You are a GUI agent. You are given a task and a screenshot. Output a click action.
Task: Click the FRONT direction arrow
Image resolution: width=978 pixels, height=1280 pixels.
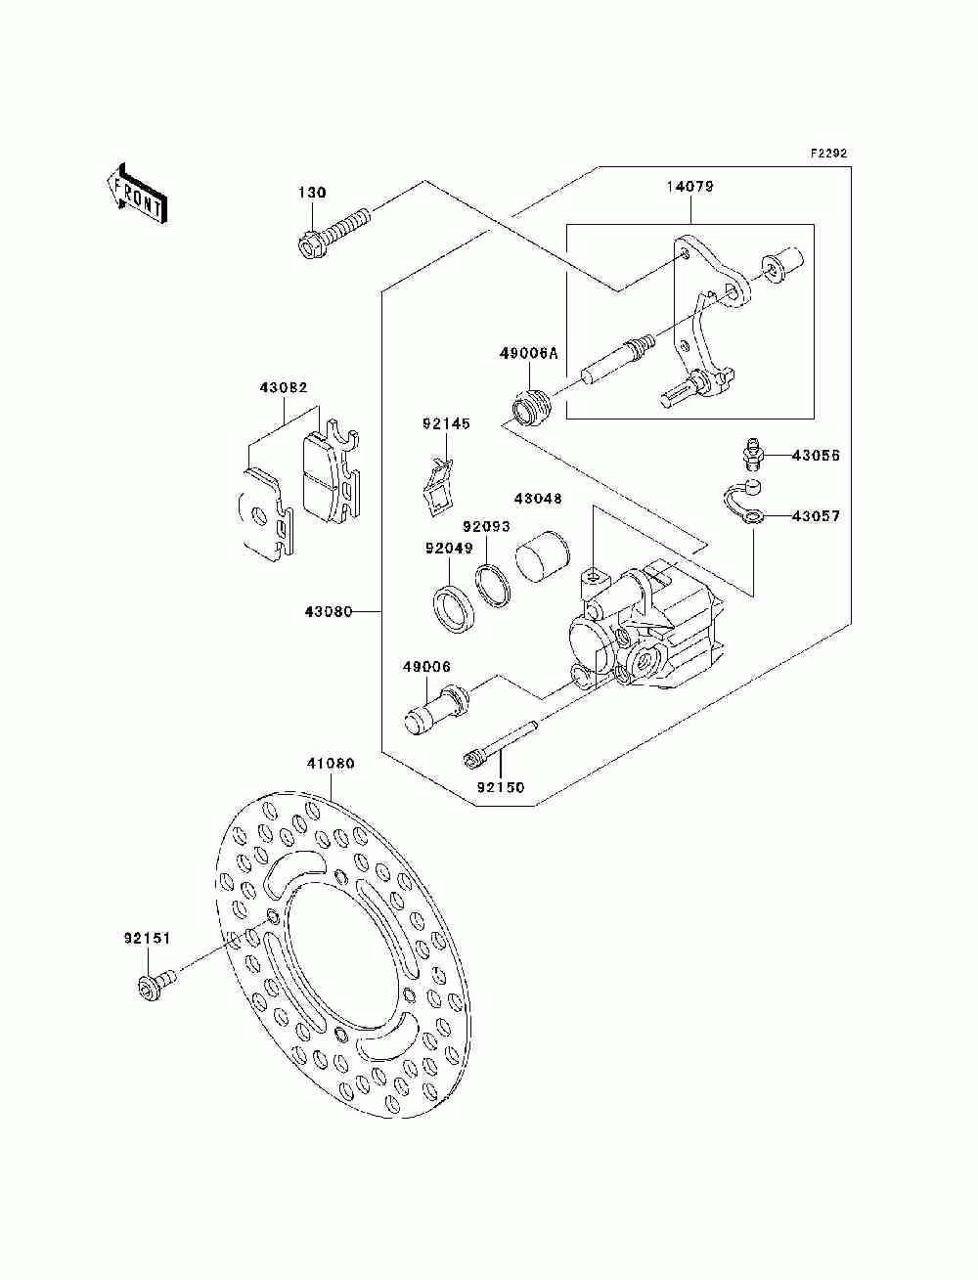[x=137, y=193]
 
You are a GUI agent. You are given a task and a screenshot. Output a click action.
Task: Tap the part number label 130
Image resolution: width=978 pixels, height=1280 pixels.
[x=313, y=193]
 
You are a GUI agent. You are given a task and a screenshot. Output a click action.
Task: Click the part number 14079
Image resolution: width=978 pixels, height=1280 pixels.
[x=690, y=187]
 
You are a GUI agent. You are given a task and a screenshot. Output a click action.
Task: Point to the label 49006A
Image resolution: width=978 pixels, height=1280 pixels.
[x=528, y=353]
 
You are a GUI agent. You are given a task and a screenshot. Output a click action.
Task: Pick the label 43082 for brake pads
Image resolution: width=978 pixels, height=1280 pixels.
[x=284, y=388]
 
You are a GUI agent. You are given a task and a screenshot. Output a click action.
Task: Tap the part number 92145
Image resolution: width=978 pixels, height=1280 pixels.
[x=446, y=424]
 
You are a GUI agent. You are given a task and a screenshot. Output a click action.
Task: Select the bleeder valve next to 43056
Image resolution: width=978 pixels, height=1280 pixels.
[x=749, y=454]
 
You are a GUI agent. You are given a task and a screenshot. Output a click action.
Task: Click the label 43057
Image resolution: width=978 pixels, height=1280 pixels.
[x=816, y=516]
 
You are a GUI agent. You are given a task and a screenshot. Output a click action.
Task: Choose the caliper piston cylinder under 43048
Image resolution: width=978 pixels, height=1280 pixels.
[x=543, y=556]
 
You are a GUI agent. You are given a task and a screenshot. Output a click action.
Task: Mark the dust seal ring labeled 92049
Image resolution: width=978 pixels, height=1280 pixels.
[x=455, y=610]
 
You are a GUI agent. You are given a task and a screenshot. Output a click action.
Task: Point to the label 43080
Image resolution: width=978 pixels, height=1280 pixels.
[x=329, y=612]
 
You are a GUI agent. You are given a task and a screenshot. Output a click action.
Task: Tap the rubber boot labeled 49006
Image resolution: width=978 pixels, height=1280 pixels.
[x=436, y=709]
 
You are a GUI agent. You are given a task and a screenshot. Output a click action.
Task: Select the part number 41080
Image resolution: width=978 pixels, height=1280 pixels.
[x=331, y=764]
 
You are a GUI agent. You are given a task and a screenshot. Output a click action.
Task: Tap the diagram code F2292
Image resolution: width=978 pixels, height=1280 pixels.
[x=828, y=154]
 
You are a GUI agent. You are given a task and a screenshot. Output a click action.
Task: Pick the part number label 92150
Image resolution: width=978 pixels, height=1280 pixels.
[x=501, y=788]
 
